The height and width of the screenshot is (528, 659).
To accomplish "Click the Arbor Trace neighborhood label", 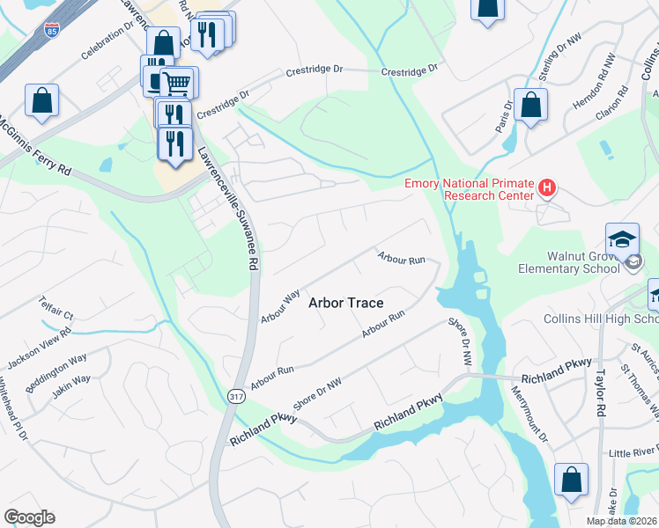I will click(345, 303).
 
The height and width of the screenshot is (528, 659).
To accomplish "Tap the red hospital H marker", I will click(547, 187).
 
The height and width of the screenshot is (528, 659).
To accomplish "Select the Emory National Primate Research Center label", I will click(469, 189).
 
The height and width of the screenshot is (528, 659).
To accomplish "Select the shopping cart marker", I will click(178, 83).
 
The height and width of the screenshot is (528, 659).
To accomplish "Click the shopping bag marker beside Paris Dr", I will click(531, 105).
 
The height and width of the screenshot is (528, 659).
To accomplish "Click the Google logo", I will click(29, 517).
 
